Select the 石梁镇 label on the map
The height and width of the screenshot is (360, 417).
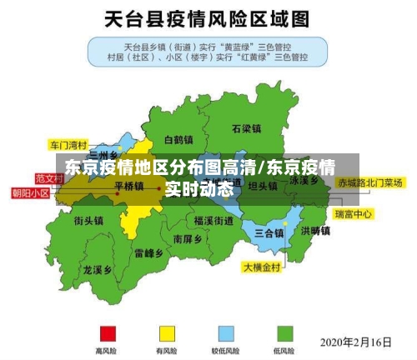pyautogui.click(x=247, y=129)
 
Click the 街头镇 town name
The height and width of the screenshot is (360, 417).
pyautogui.click(x=88, y=221)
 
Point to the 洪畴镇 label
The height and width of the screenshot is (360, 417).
pyautogui.click(x=316, y=231)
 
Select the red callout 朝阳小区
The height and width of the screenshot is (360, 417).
pyautogui.click(x=30, y=192)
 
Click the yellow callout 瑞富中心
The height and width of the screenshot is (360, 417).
pyautogui.click(x=353, y=215)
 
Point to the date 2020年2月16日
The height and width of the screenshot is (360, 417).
pyautogui.click(x=356, y=342)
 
